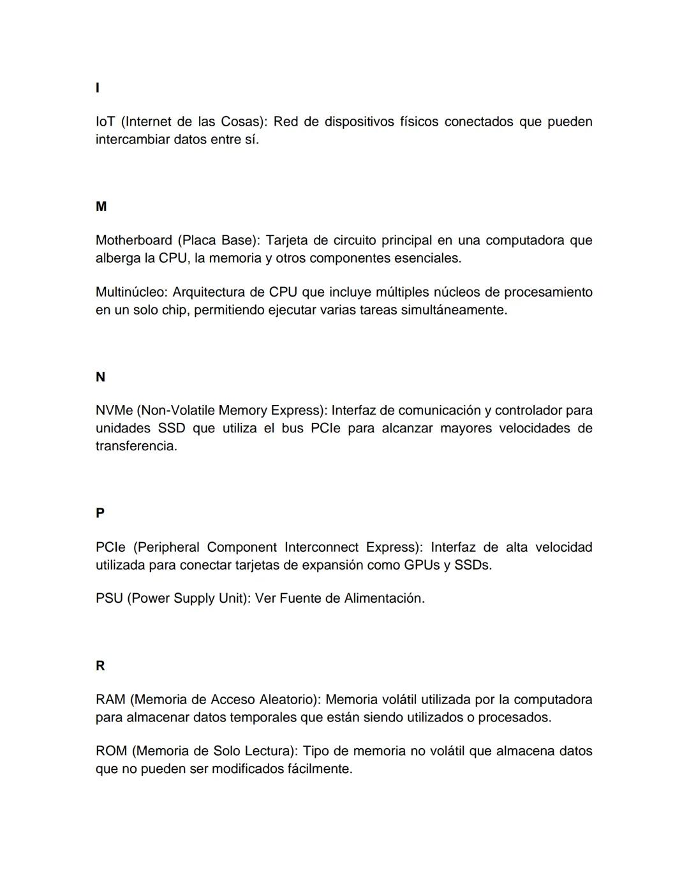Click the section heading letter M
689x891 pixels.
[x=101, y=207]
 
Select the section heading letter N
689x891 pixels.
[x=100, y=377]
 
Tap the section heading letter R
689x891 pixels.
[x=100, y=666]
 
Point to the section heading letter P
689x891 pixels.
[x=100, y=513]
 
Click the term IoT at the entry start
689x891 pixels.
[x=105, y=122]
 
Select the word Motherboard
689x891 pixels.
[x=133, y=240]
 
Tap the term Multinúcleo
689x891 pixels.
[x=131, y=292]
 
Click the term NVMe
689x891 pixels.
[x=114, y=410]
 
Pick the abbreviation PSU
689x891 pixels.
[x=109, y=598]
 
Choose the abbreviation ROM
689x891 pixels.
[x=112, y=751]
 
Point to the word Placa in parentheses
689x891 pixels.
[x=198, y=240]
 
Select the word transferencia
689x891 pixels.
[x=136, y=446]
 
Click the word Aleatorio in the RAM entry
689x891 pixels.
[x=288, y=700]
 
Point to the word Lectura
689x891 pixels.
[x=270, y=751]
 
